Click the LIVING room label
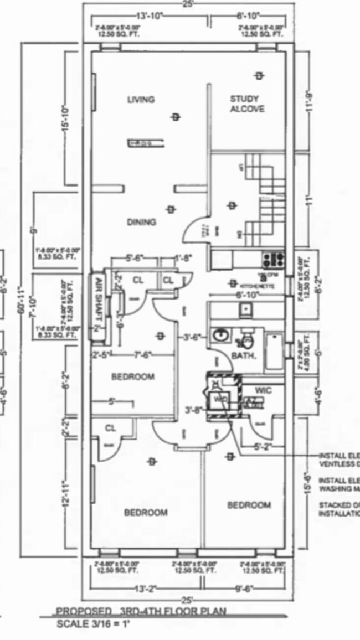pos(141,100)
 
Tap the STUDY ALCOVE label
pos(247,104)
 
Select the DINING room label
pos(141,222)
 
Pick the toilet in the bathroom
pos(246,336)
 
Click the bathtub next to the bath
pos(275,352)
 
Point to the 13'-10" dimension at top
pos(146,16)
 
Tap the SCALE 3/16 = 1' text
pos(94,624)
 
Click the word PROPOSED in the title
pos(83,611)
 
